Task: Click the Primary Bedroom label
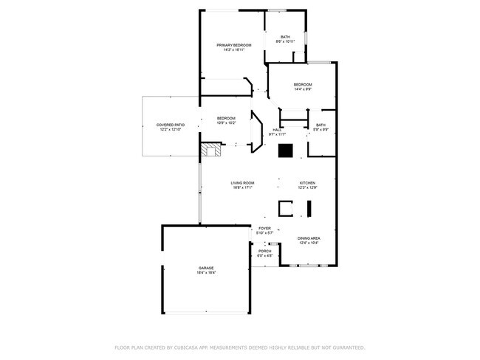[233, 45]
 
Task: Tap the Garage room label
[205, 268]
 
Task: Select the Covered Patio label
[170, 125]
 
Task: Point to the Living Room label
[242, 183]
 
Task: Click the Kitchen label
[307, 183]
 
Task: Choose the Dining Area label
[309, 238]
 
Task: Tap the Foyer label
[264, 229]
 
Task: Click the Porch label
[264, 252]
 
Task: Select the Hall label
[277, 130]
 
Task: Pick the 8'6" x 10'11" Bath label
[285, 37]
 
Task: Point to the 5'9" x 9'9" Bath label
[320, 125]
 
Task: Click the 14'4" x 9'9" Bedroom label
[303, 85]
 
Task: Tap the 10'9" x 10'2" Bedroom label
[226, 119]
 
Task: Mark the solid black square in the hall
[285, 150]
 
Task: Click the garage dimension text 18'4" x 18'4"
[205, 272]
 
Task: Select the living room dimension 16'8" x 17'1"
[242, 187]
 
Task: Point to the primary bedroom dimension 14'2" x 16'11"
[233, 49]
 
